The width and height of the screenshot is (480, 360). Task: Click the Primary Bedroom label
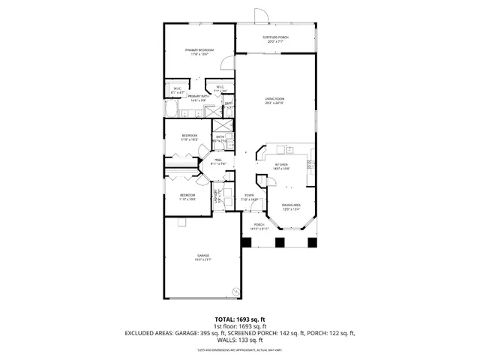click(199, 52)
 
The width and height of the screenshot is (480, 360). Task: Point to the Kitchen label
click(282, 166)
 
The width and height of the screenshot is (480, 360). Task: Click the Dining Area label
click(292, 206)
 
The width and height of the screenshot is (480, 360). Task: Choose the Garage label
click(203, 258)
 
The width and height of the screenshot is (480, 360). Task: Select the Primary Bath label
click(198, 97)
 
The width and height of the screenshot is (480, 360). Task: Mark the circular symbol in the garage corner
click(235, 291)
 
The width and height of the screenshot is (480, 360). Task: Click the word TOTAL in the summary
click(226, 319)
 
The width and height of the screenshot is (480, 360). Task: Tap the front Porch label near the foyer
click(258, 226)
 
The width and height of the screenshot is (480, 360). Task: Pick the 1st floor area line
click(240, 325)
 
